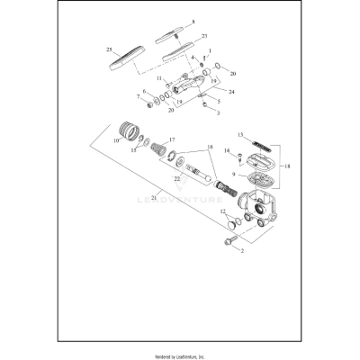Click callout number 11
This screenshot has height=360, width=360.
(x=159, y=77)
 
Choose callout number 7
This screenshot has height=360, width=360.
(x=138, y=96)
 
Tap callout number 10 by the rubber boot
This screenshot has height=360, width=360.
(x=116, y=140)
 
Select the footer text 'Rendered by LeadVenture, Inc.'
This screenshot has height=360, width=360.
(x=179, y=352)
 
